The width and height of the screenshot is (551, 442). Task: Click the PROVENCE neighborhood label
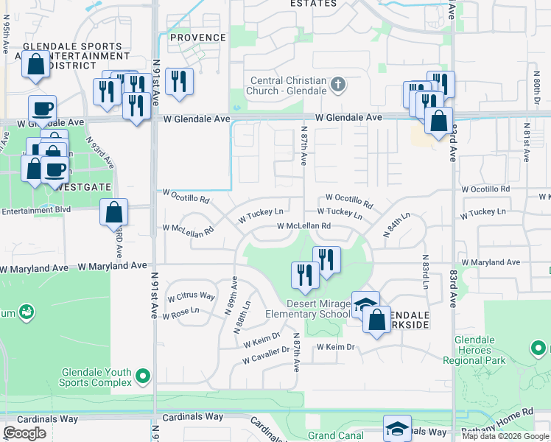coord(198,38)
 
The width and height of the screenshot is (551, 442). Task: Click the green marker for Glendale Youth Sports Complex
coord(143,376)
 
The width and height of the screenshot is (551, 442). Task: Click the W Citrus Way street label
coord(191,296)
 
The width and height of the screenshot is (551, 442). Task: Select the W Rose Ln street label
coord(183,311)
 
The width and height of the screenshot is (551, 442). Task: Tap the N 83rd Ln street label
coord(426,272)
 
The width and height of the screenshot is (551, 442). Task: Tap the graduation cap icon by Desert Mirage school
coord(365,304)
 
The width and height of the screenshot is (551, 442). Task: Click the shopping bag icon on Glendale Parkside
coord(376,320)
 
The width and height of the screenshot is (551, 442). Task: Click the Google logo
coord(24,433)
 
